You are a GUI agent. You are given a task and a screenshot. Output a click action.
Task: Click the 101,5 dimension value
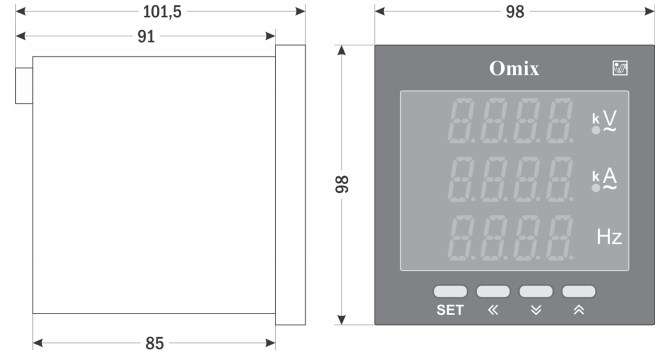(162, 12)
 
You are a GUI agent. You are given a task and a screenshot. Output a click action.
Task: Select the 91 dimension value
(146, 36)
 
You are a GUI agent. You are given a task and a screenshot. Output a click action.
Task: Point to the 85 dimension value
(154, 343)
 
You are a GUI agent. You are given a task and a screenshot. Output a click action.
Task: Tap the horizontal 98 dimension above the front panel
(515, 12)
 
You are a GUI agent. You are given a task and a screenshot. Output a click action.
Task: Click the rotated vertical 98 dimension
(342, 184)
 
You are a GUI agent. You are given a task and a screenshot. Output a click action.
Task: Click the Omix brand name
(514, 68)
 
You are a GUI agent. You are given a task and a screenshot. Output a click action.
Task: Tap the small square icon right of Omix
(620, 68)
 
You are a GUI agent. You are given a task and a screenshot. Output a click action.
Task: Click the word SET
(450, 310)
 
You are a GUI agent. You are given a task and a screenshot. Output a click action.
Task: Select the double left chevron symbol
(493, 310)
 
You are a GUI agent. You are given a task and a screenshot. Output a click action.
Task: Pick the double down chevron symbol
(536, 310)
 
